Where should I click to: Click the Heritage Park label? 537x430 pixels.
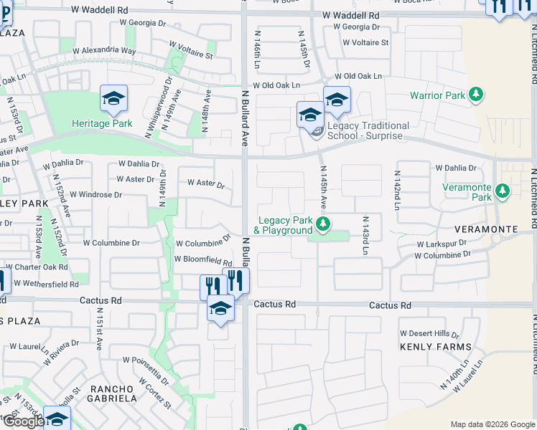pos(102,123)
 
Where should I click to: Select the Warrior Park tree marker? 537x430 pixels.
pos(475,95)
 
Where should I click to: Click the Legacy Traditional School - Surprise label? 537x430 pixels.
pos(368,130)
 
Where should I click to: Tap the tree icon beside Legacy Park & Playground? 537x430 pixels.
pos(323,225)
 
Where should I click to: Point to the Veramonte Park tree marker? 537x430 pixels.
pos(503,192)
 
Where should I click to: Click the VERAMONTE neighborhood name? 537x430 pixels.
pos(485,229)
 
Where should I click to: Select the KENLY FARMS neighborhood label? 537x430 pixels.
pos(436,347)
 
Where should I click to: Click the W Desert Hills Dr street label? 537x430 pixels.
pos(429,334)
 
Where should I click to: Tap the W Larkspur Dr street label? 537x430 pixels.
pos(443,244)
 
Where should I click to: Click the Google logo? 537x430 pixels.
pos(24,421)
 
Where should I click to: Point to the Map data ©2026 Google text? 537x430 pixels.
pos(492,424)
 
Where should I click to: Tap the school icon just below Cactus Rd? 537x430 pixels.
pos(221,310)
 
